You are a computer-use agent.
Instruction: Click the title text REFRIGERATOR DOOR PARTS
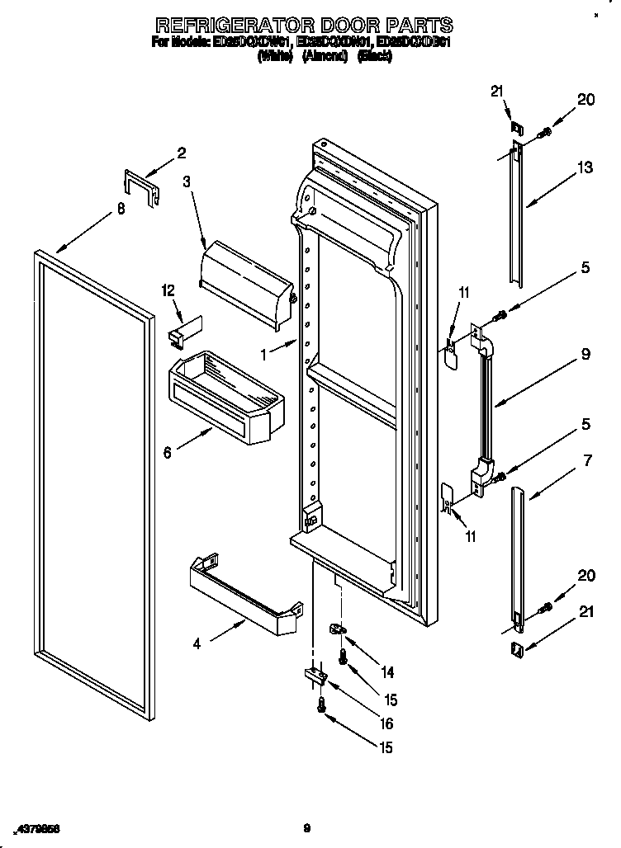click(305, 24)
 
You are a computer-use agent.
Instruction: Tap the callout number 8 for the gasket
click(121, 210)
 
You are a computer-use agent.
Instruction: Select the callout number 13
click(585, 167)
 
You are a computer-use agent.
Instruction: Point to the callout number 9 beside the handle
click(585, 355)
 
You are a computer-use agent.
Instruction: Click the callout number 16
click(386, 724)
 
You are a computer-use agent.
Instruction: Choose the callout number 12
click(169, 290)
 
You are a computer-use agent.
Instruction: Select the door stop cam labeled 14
click(339, 629)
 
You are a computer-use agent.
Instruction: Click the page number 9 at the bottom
click(306, 827)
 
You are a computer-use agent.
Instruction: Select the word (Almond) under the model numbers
click(324, 57)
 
